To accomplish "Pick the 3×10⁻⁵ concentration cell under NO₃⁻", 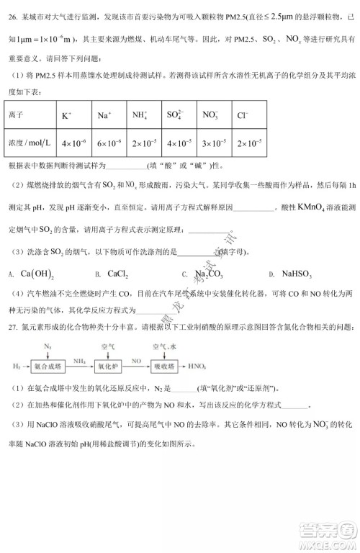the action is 215,143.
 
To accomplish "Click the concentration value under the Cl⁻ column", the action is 249,143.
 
